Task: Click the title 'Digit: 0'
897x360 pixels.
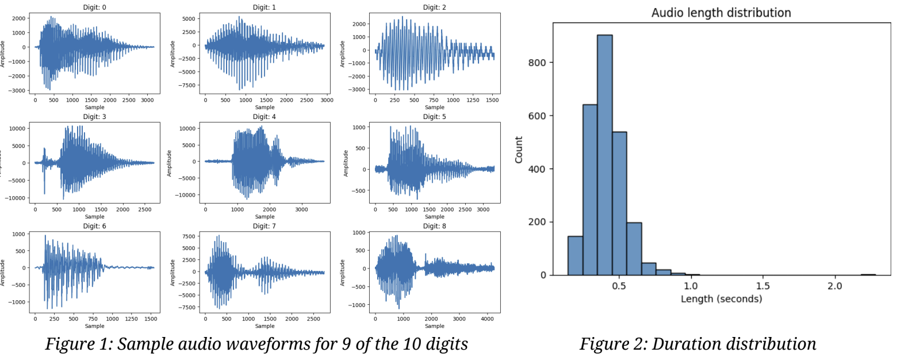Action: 94,7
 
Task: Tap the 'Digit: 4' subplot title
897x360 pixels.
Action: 264,117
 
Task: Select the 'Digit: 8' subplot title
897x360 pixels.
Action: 434,226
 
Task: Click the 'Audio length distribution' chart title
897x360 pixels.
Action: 721,13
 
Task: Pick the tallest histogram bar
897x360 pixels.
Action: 604,155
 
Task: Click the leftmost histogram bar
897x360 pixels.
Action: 575,255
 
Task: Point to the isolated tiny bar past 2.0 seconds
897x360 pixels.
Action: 868,274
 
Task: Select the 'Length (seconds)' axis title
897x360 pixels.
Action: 721,299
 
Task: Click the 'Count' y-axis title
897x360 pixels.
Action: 519,150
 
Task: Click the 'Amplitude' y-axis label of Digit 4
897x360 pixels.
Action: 170,163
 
